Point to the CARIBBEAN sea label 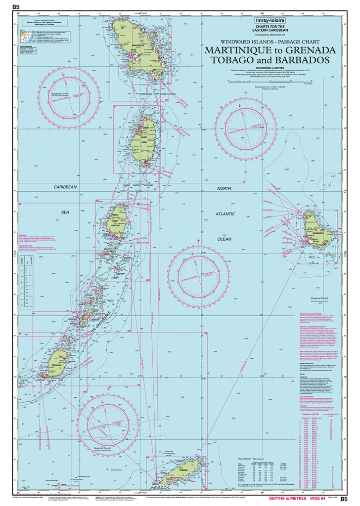point(65,187)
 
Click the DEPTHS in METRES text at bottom point(280,498)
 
